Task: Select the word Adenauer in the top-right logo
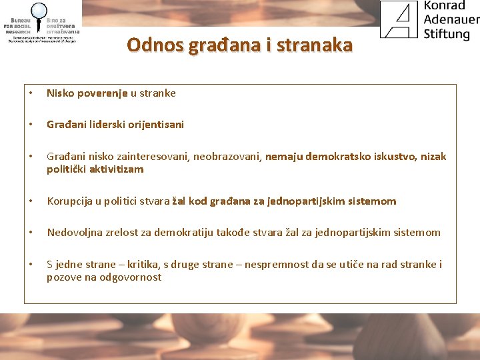(451, 19)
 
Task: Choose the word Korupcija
(69, 201)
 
